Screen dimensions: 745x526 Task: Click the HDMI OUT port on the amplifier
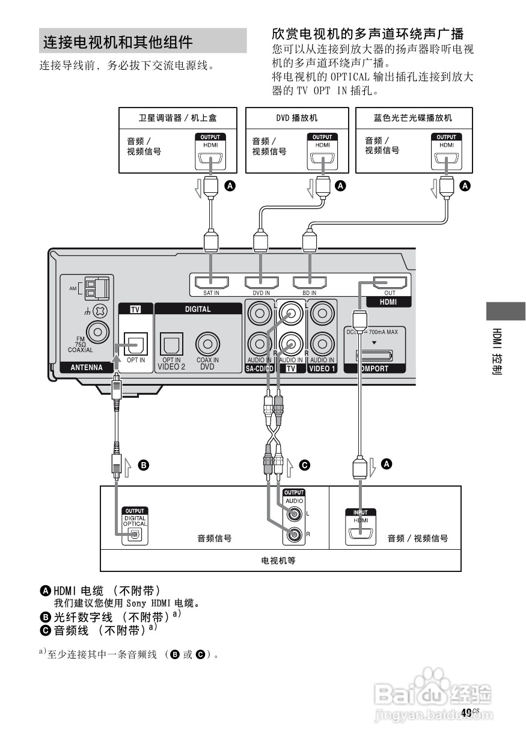[x=390, y=282]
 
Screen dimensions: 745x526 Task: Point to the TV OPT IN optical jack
[x=135, y=345]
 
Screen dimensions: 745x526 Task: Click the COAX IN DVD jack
[x=207, y=345]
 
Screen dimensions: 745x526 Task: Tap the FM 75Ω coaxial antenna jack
[x=97, y=331]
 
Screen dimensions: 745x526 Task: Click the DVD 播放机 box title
[x=297, y=118]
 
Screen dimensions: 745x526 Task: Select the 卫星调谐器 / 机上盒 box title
[x=169, y=118]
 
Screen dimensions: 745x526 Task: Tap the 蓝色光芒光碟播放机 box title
[x=412, y=118]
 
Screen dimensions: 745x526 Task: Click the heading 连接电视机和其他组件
[x=118, y=42]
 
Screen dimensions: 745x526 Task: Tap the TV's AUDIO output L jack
[x=294, y=514]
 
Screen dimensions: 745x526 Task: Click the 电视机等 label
[x=280, y=561]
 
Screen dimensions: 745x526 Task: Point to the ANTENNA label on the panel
[x=87, y=368]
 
